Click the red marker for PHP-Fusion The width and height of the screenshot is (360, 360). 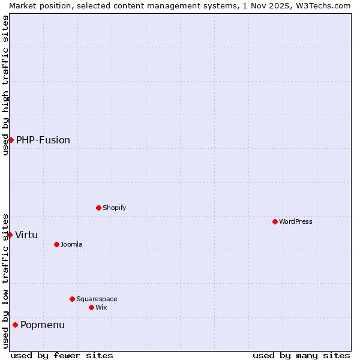tap(11, 140)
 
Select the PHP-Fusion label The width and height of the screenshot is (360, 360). tap(43, 140)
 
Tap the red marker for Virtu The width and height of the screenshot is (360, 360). tap(10, 235)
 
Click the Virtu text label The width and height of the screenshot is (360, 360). tap(26, 235)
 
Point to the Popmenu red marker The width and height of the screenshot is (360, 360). tap(15, 325)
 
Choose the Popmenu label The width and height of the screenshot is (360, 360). tap(43, 325)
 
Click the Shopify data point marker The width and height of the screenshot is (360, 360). tap(98, 208)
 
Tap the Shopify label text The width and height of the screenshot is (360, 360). tap(114, 208)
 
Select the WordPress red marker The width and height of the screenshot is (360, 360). tap(275, 221)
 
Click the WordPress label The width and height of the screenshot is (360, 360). tap(296, 221)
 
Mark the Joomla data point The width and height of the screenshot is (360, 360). tap(56, 244)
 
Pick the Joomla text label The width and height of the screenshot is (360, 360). tap(71, 244)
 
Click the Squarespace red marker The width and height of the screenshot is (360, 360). tap(72, 299)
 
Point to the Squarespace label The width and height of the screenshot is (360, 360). tap(97, 299)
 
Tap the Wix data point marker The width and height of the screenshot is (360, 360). tap(91, 307)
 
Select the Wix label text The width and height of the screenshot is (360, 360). tap(101, 307)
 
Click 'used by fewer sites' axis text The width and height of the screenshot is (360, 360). tap(62, 355)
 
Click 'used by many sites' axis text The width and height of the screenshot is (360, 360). tap(301, 355)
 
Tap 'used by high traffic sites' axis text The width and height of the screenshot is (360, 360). tap(5, 85)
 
